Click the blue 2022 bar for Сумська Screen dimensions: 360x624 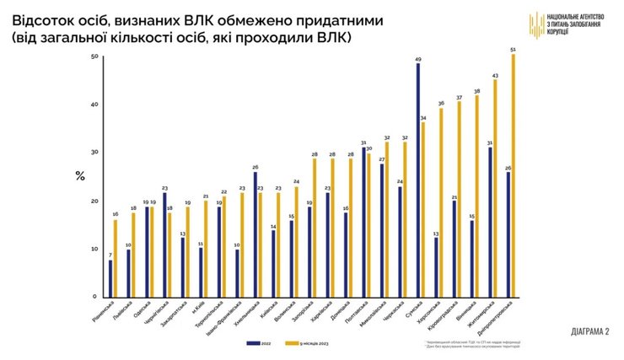(x=418, y=180)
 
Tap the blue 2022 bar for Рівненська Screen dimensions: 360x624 (x=110, y=278)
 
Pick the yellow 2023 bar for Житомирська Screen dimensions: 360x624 (x=495, y=188)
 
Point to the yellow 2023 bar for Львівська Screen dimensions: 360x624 (x=133, y=255)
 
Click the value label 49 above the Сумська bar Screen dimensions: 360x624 (x=418, y=59)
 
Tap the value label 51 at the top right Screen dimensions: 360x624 (x=514, y=50)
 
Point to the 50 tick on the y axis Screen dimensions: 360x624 (x=94, y=56)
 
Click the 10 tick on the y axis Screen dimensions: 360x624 (x=94, y=250)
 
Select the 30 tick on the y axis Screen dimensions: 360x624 (x=94, y=153)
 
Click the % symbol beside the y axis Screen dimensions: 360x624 (x=80, y=176)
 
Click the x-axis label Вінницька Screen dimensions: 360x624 (x=467, y=313)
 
